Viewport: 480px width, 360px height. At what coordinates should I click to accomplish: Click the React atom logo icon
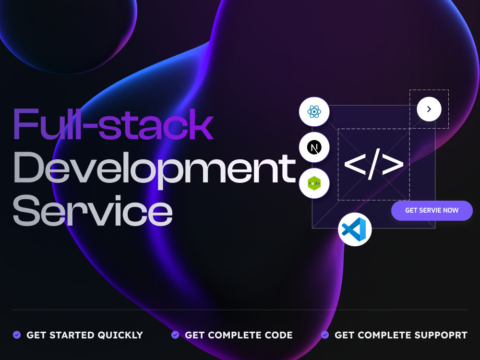(x=314, y=112)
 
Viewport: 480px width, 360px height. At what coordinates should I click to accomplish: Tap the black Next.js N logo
(x=314, y=147)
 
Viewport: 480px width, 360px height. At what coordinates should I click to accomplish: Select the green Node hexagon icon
(x=314, y=183)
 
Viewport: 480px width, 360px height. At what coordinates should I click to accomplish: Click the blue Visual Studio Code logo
(x=354, y=229)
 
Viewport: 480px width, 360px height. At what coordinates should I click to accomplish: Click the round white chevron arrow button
(x=429, y=109)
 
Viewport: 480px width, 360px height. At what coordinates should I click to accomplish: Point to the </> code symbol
(x=374, y=164)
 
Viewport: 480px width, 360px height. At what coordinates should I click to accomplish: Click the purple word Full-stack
(x=113, y=124)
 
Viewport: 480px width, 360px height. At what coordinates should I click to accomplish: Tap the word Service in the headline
(x=93, y=211)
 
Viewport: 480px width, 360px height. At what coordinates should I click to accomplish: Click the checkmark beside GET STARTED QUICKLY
(x=17, y=335)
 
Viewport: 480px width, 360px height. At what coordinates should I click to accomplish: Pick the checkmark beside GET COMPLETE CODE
(x=175, y=335)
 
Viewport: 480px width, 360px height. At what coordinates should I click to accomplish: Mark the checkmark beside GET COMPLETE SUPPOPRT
(x=325, y=335)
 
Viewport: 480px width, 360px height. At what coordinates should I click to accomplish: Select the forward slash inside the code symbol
(x=374, y=164)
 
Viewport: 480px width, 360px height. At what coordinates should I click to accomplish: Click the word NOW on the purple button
(x=451, y=210)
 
